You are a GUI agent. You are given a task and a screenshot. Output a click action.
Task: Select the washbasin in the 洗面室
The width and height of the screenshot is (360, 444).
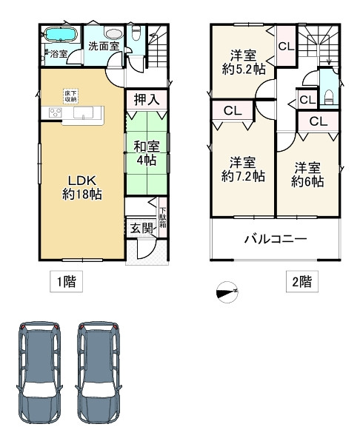click(x=113, y=33)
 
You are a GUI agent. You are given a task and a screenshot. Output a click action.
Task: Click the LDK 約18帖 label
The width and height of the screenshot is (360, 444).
click(x=81, y=186)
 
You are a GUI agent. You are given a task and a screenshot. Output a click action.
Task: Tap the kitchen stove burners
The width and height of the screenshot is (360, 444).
click(x=55, y=113)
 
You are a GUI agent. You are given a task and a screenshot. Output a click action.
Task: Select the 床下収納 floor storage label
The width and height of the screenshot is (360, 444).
click(x=69, y=96)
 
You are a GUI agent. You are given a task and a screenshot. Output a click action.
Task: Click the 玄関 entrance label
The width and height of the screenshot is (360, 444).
click(x=141, y=229)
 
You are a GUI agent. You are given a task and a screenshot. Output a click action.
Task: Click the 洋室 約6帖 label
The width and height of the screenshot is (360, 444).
click(x=307, y=174)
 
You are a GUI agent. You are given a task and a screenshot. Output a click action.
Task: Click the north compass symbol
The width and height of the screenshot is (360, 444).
click(x=226, y=292)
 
